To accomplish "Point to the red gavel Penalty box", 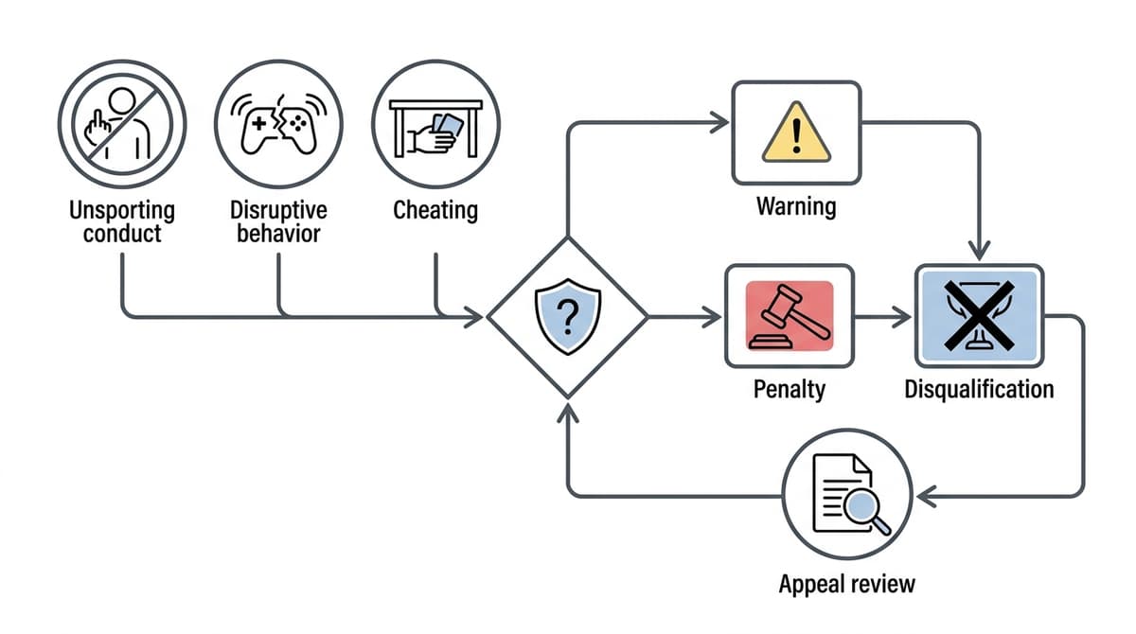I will click(789, 316).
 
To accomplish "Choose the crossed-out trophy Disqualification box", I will click(979, 316).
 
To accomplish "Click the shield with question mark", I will click(566, 317).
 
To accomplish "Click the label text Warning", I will click(796, 205).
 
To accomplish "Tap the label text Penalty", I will click(789, 389).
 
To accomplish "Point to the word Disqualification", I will click(979, 389).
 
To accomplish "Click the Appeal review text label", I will click(847, 583).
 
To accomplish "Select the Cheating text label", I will click(435, 209).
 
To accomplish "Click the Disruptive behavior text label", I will click(277, 220).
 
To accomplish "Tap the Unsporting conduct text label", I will click(121, 220).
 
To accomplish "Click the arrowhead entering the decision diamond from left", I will click(474, 317).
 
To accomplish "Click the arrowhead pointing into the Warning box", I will click(720, 121).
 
